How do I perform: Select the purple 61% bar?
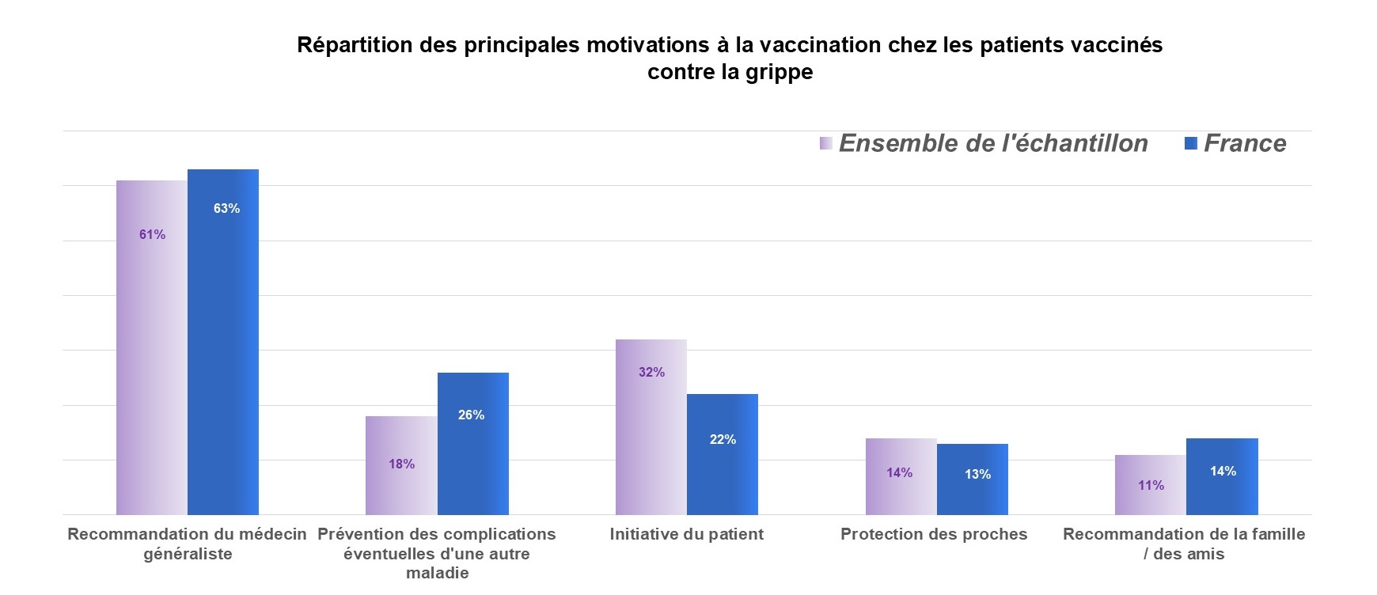(152, 348)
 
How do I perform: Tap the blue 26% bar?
(472, 443)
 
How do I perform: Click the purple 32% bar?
(651, 427)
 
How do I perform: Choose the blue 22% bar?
(723, 454)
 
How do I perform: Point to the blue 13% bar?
(973, 479)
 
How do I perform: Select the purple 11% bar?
(1151, 485)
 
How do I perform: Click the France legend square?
(1191, 143)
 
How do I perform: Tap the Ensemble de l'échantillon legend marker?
(826, 143)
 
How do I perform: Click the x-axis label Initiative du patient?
(687, 534)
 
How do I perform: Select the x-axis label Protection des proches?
(934, 534)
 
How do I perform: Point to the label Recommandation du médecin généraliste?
(188, 544)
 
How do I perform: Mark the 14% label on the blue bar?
(1223, 471)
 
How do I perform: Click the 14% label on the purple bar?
(899, 472)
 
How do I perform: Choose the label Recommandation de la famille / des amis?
(1184, 544)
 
